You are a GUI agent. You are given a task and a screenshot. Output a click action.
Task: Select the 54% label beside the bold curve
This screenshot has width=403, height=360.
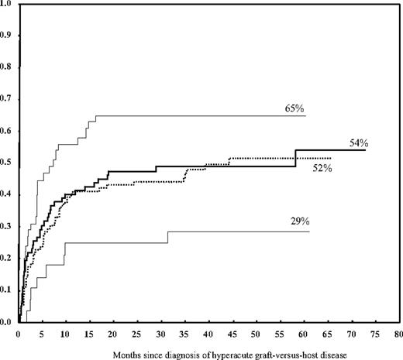point(358,143)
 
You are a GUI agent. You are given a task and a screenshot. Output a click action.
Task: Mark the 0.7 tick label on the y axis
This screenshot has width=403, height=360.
point(7,99)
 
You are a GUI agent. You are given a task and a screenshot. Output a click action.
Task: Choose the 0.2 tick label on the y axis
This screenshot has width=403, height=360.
point(7,259)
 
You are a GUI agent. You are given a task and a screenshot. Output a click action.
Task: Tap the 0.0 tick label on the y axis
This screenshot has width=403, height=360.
point(7,322)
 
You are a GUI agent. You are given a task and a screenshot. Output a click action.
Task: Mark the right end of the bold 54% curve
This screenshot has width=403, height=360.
point(365,150)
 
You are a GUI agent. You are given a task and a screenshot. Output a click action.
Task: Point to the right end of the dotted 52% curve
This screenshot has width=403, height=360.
point(331,158)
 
